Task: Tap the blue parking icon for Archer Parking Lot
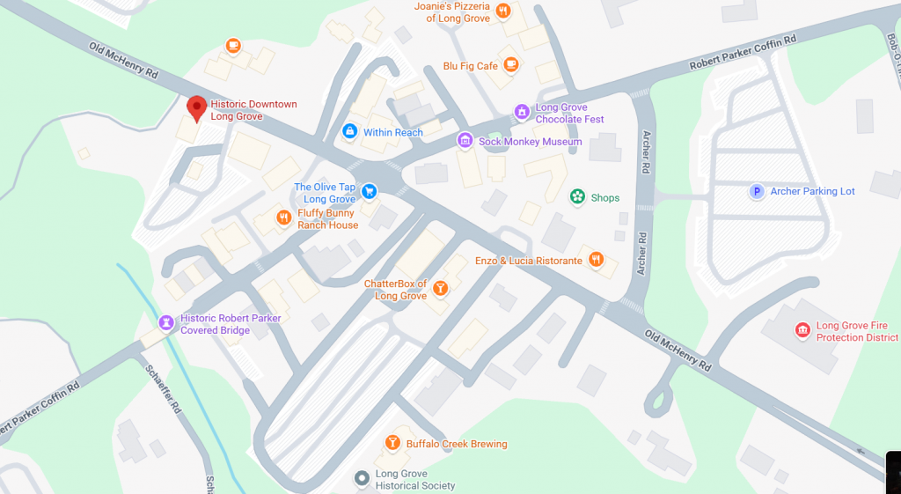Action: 756,191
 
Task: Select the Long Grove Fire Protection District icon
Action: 802,330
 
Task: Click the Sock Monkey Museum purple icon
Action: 465,141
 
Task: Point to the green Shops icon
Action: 577,197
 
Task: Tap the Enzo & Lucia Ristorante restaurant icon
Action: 597,260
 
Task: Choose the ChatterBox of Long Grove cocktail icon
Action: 441,289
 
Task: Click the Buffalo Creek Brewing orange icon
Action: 392,443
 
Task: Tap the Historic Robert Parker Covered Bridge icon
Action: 165,323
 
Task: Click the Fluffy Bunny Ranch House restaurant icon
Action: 283,218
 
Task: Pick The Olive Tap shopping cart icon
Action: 370,190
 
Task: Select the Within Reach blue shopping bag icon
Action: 349,132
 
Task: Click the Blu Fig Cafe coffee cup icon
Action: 511,65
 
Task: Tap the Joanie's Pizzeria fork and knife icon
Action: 502,11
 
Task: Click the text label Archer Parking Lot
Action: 812,191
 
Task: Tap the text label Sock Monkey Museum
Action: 530,141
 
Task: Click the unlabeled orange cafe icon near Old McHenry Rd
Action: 232,45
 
